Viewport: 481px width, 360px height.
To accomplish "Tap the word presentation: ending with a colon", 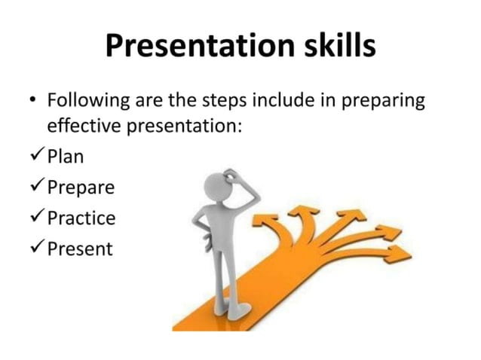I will point(181,125).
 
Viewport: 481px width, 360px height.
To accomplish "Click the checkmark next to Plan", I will point(34,156).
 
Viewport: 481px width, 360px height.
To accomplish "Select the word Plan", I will point(66,157).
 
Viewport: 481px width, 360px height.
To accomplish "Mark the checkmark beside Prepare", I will point(34,187).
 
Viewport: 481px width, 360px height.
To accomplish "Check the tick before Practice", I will point(34,218).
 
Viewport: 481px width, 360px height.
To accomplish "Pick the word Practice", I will point(81,218).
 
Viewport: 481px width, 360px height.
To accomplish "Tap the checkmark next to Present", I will point(34,248).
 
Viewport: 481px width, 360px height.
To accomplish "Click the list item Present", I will point(79,249).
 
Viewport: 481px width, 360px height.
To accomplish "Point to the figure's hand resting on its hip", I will point(203,229).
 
